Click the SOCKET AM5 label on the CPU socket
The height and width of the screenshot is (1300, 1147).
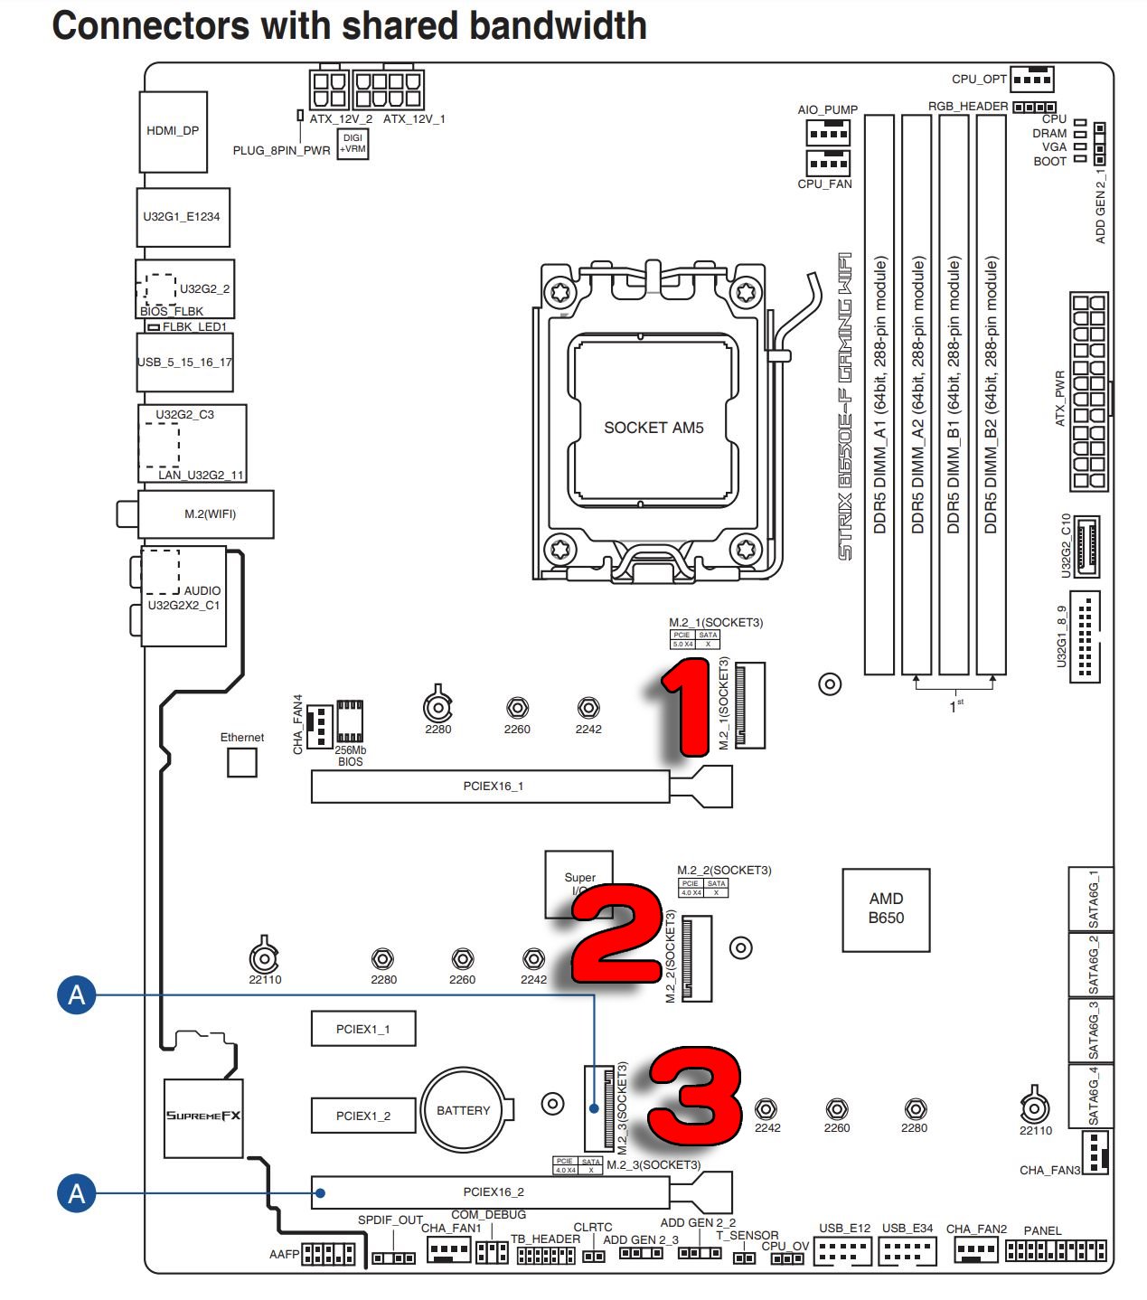[x=653, y=428]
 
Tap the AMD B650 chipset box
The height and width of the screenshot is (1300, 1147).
[x=885, y=909]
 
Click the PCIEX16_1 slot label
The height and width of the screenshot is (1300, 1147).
[x=493, y=787]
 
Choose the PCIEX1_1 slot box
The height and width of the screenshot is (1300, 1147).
[x=362, y=1029]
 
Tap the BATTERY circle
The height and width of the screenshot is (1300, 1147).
[x=463, y=1110]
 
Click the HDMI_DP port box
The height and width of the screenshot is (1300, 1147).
[x=173, y=131]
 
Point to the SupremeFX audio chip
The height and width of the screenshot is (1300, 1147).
[x=203, y=1116]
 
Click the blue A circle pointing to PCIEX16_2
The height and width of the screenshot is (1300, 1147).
[x=77, y=1193]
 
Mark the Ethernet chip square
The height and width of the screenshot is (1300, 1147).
[x=241, y=762]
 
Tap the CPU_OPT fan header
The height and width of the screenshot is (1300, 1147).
[x=1031, y=80]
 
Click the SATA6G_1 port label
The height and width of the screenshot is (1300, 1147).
[x=1094, y=899]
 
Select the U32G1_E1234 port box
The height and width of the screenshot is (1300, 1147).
[x=182, y=217]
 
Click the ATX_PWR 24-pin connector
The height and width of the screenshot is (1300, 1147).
[x=1088, y=391]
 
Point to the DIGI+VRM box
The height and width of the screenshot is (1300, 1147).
[x=353, y=144]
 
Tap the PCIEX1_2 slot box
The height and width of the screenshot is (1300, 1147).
[x=362, y=1116]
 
